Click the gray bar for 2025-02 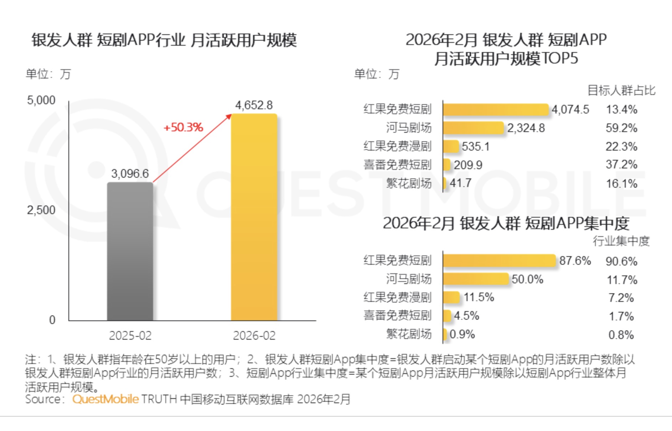(130, 252)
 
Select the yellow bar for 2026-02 (254, 218)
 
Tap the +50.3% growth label (183, 127)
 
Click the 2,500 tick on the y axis (41, 210)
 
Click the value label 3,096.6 (130, 174)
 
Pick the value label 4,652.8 (254, 105)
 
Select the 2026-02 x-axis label (254, 335)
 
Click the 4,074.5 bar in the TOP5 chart (495, 110)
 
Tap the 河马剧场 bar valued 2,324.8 (473, 128)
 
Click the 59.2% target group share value (621, 128)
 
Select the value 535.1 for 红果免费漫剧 (476, 146)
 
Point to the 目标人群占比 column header (621, 90)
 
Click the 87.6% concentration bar (499, 260)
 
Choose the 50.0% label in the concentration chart (527, 279)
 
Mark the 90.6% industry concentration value (621, 261)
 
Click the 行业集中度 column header (621, 241)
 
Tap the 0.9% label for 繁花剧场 (462, 334)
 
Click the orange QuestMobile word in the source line (105, 399)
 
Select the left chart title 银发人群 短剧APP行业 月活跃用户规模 (164, 40)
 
